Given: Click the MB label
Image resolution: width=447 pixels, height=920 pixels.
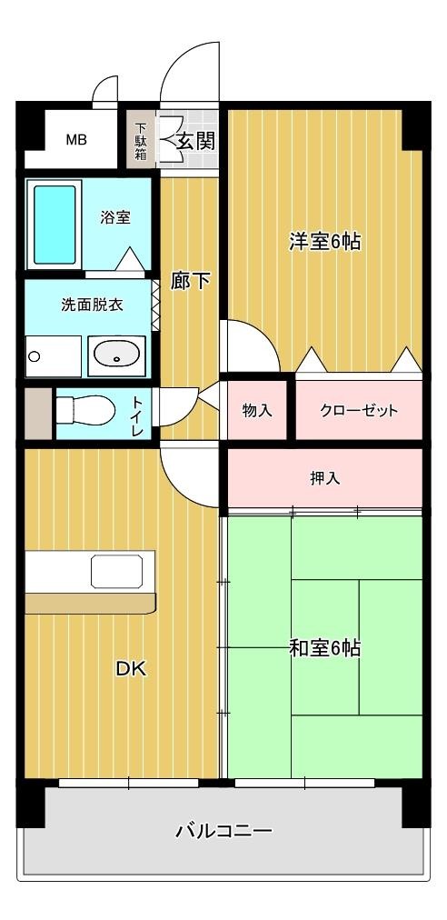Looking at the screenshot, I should (75, 141).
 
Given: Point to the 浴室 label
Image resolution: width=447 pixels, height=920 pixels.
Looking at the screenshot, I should (115, 218).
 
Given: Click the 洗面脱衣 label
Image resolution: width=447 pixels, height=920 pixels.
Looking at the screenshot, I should (92, 305).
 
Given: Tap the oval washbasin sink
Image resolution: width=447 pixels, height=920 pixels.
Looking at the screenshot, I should (116, 354).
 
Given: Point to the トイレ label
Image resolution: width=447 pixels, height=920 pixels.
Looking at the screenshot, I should (137, 414).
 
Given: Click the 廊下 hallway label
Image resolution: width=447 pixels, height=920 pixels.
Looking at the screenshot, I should (190, 281).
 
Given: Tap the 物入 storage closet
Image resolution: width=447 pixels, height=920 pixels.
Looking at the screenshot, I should (257, 410).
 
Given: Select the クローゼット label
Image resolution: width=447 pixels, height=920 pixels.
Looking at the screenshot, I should (359, 410).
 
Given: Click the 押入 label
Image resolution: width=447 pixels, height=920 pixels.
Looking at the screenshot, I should (324, 478).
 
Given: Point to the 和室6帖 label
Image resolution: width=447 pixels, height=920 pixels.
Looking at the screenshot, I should (324, 648).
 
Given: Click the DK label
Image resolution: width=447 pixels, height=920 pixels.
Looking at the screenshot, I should (130, 669).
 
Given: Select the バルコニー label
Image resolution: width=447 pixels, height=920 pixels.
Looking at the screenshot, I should (223, 830).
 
